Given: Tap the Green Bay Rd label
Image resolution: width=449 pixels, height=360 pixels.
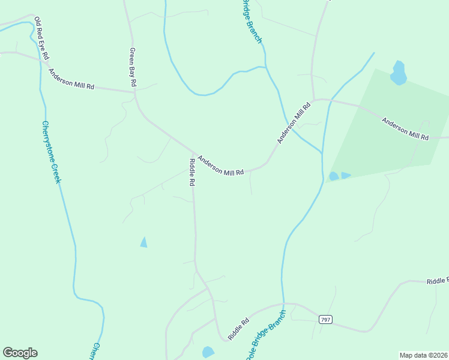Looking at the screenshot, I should (133, 67).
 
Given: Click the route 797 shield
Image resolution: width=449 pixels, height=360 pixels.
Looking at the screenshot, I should (325, 319).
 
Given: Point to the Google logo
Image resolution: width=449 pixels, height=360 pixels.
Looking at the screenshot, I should (20, 353).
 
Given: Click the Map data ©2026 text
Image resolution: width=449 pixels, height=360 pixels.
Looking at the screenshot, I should (423, 355).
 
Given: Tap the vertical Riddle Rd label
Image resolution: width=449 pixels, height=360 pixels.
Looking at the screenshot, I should (192, 172).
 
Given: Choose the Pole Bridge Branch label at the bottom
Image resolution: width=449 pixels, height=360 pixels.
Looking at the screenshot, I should (265, 335).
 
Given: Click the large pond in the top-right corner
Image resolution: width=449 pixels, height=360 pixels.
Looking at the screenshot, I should (398, 73).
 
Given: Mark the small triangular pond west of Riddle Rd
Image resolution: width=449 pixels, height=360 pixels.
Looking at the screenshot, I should (143, 242).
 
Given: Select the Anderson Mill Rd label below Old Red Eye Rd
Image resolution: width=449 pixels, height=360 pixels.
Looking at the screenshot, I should (71, 79).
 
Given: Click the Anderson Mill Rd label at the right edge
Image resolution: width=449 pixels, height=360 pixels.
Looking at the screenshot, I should (405, 129).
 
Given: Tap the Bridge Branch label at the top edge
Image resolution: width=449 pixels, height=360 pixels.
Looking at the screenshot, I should (252, 21).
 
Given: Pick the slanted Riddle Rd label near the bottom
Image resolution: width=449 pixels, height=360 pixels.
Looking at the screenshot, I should (238, 328).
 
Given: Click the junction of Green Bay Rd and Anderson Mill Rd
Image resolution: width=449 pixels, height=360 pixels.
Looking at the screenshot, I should (134, 92).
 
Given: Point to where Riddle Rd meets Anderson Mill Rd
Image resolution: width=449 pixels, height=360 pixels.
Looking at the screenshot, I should (194, 152).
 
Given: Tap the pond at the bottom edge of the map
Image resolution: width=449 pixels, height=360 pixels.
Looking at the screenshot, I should (208, 352).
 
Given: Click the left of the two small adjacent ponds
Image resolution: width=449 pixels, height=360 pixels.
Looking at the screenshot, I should (333, 176).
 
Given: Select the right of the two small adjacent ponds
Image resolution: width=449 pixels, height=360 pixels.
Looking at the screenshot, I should (346, 175).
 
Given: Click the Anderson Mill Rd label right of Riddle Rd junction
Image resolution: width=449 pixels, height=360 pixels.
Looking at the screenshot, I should (220, 166).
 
